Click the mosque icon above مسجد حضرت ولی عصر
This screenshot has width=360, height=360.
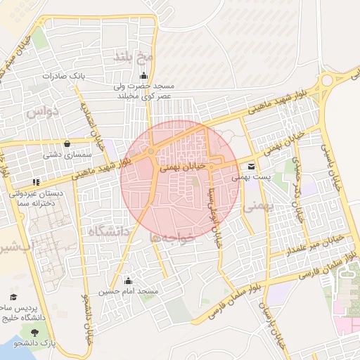[x=144, y=76]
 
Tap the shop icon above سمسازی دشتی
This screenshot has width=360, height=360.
[x=67, y=143]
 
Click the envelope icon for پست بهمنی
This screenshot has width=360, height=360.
[x=252, y=167]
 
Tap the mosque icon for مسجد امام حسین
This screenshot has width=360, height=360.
[x=127, y=281]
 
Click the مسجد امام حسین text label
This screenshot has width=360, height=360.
[x=129, y=291]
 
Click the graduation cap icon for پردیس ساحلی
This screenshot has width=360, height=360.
[x=13, y=298]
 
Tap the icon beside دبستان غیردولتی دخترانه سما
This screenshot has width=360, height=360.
[x=36, y=182]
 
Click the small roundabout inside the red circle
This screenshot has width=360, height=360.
[x=151, y=152]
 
